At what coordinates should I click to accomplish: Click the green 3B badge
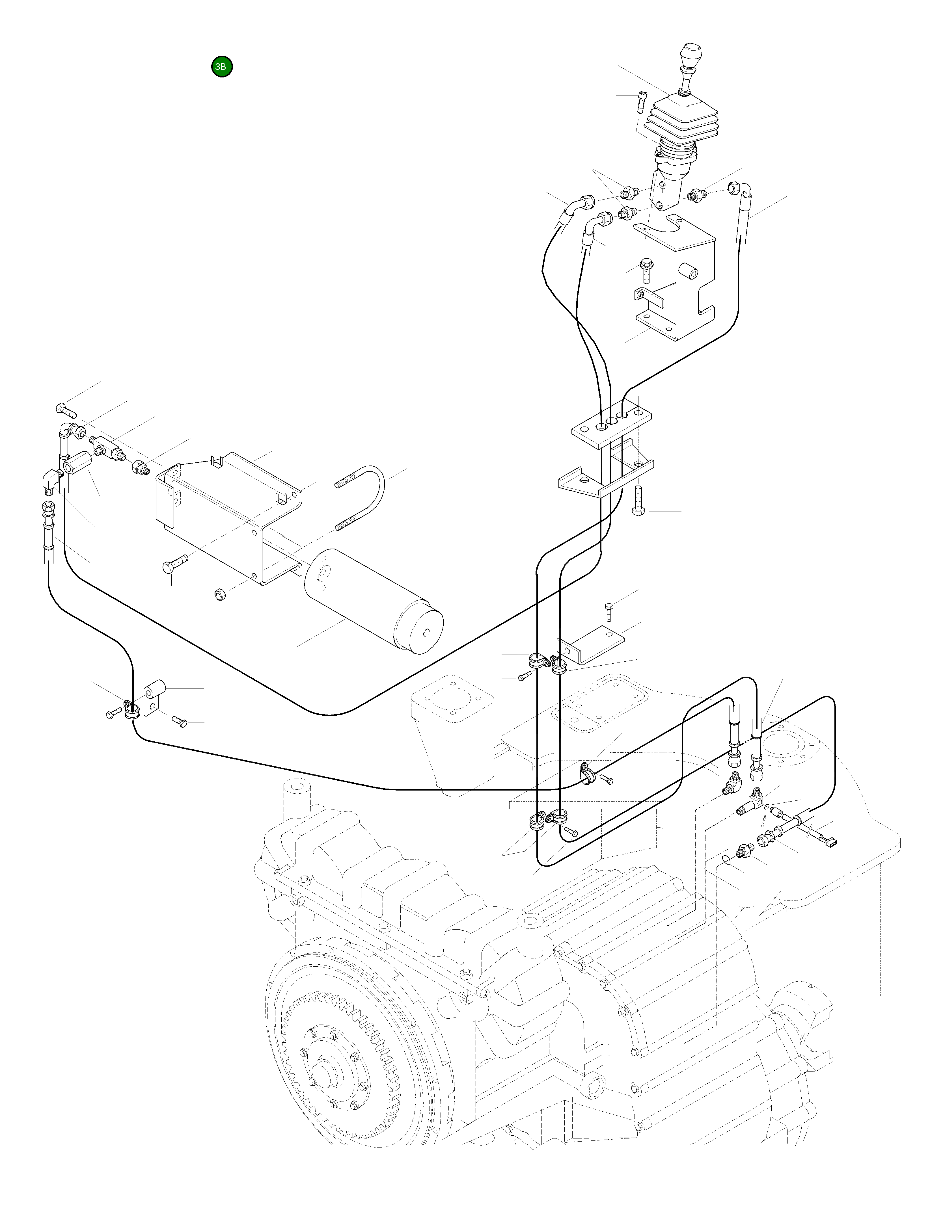click(222, 67)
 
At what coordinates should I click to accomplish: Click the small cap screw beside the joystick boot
click(642, 102)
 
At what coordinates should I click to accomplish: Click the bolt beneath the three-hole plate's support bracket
click(638, 501)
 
